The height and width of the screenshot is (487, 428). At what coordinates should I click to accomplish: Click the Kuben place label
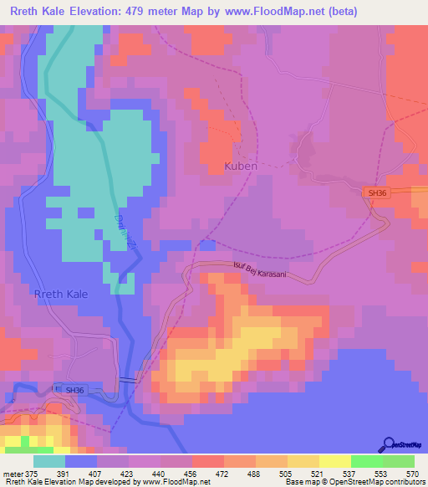point(240,167)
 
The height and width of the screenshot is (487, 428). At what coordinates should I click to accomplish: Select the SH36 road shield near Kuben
point(378,193)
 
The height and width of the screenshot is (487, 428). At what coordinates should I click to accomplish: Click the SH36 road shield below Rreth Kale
point(75,390)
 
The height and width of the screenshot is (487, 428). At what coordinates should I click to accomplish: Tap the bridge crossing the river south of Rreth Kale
point(128,381)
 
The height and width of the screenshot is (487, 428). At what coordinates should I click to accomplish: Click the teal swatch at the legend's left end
point(49,461)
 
